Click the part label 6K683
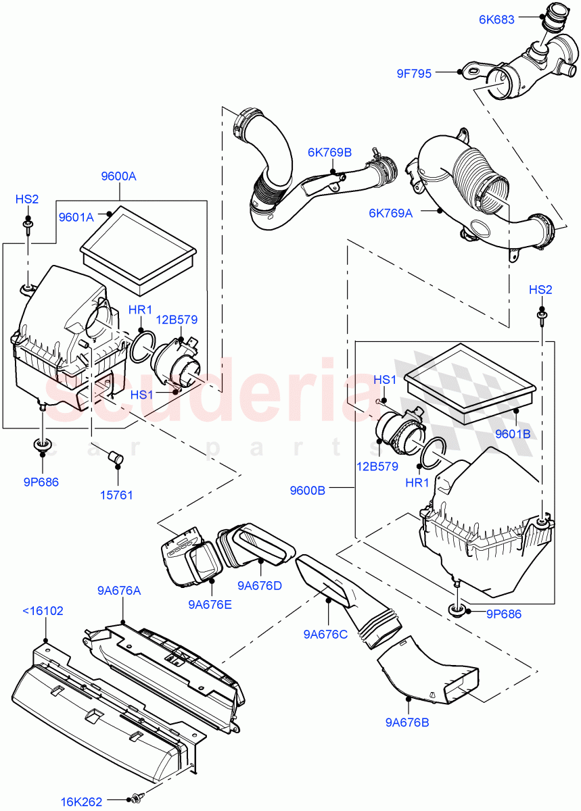[497, 20]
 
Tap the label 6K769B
[329, 153]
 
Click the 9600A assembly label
[118, 176]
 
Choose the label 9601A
[76, 217]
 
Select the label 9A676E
[210, 604]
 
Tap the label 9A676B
[407, 722]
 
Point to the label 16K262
[81, 802]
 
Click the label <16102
[42, 611]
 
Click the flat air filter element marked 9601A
[139, 249]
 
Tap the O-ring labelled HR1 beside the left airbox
[141, 346]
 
